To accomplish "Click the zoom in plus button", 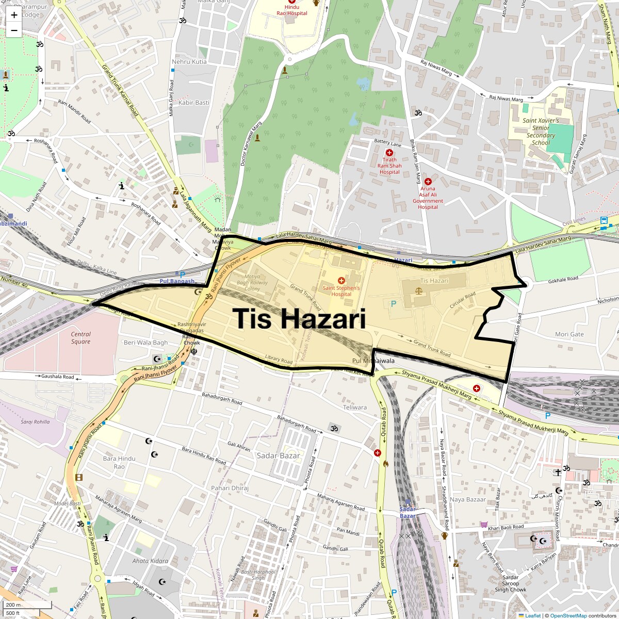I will pyautogui.click(x=14, y=15).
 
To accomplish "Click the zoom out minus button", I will pyautogui.click(x=14, y=30).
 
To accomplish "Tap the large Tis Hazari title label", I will pyautogui.click(x=299, y=319).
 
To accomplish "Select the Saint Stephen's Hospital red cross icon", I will pyautogui.click(x=341, y=280).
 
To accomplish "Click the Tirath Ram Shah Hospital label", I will pyautogui.click(x=389, y=166).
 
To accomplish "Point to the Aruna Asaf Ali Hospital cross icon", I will pyautogui.click(x=428, y=181).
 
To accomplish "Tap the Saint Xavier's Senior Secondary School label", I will pyautogui.click(x=541, y=132).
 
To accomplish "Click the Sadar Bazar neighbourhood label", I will pyautogui.click(x=278, y=455).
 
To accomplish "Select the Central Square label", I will pyautogui.click(x=80, y=338).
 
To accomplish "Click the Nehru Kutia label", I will pyautogui.click(x=189, y=61).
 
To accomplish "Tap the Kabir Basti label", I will pyautogui.click(x=194, y=103).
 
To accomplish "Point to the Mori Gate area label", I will pyautogui.click(x=569, y=334).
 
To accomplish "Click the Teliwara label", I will pyautogui.click(x=355, y=407).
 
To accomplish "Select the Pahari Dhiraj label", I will pyautogui.click(x=230, y=488).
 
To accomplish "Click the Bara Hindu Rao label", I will pyautogui.click(x=119, y=462).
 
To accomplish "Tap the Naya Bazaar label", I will pyautogui.click(x=468, y=499).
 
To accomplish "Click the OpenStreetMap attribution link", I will pyautogui.click(x=568, y=615).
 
